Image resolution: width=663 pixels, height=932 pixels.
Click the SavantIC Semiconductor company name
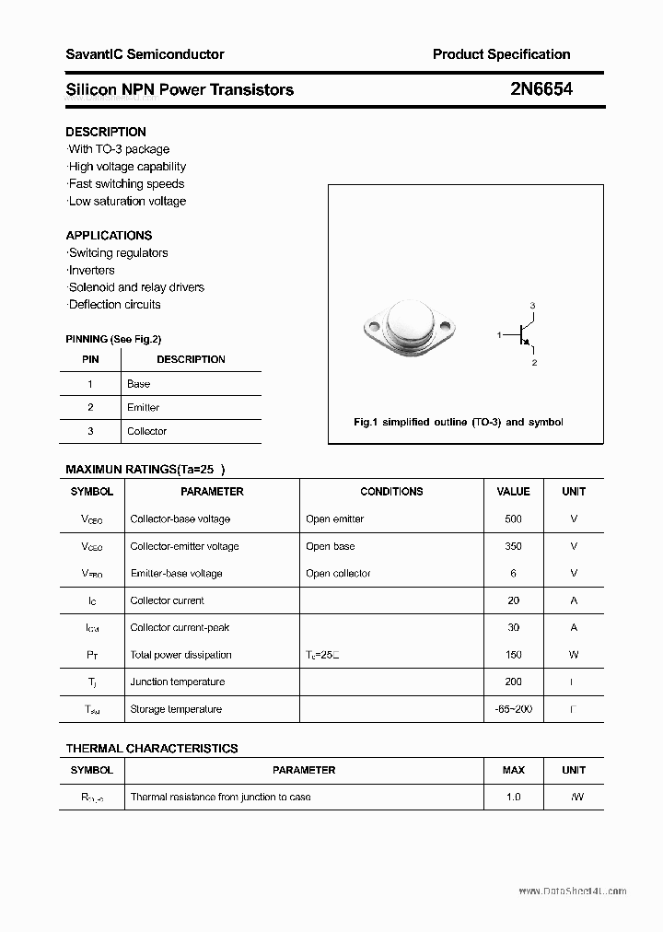(145, 54)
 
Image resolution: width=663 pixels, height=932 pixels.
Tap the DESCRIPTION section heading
(106, 132)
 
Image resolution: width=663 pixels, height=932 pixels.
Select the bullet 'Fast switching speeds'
(126, 183)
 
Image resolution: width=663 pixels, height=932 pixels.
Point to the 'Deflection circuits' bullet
(114, 304)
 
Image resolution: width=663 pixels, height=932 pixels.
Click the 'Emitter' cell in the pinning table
(143, 407)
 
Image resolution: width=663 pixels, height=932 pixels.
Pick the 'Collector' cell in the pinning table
(146, 431)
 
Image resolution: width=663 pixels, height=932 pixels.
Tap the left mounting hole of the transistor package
(374, 325)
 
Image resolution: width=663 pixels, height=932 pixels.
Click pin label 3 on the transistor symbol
(532, 306)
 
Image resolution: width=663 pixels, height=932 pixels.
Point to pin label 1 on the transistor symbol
(499, 334)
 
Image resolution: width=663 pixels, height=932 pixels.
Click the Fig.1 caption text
(459, 422)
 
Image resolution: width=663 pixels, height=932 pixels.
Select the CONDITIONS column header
(391, 492)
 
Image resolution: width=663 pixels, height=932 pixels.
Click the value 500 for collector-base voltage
(513, 518)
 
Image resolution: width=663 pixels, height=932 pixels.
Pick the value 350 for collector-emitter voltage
(513, 546)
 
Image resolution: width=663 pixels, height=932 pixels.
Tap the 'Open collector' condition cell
(338, 573)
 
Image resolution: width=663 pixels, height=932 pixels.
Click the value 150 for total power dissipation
(513, 655)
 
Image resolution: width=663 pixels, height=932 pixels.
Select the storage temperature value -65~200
(513, 709)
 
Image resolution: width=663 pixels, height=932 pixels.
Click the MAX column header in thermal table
(513, 770)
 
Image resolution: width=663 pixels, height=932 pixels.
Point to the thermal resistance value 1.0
(513, 797)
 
